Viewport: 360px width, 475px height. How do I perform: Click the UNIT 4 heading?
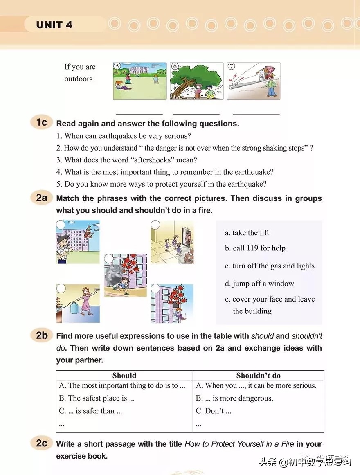[54, 25]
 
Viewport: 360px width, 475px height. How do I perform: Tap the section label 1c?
[41, 122]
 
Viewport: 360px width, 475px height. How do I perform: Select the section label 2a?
[41, 198]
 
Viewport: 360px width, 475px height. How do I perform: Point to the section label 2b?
[41, 335]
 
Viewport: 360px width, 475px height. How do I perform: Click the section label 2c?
[41, 443]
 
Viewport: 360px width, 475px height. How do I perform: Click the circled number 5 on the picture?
[117, 67]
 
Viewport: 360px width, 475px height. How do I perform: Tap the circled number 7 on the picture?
[231, 67]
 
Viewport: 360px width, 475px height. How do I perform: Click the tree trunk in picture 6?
[180, 91]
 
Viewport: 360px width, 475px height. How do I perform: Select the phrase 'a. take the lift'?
[247, 233]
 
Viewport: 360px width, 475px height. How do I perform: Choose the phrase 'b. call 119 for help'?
[255, 248]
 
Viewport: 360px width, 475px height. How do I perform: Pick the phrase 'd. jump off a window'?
[259, 284]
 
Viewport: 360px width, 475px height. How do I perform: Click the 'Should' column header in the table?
[124, 375]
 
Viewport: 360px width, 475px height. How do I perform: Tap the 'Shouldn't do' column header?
[258, 375]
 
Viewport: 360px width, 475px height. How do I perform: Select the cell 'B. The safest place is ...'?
[97, 398]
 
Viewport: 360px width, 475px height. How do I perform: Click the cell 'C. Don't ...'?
[213, 411]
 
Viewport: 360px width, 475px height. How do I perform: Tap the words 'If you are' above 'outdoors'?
[80, 67]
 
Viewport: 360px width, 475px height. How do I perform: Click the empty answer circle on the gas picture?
[61, 289]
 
